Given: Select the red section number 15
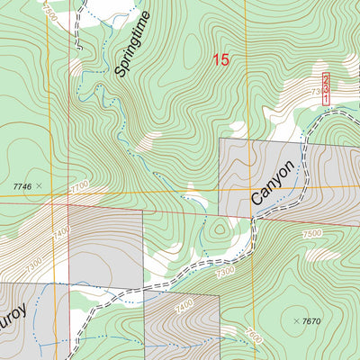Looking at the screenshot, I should (x=220, y=60).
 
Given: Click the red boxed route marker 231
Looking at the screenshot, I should (x=325, y=88).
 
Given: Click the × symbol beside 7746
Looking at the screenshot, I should (x=40, y=185).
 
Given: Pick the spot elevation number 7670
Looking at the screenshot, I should (x=311, y=321).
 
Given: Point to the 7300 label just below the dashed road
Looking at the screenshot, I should (x=226, y=270).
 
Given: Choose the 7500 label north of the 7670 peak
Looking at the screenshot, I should (x=311, y=234).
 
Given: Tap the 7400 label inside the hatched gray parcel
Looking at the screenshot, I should (x=184, y=307).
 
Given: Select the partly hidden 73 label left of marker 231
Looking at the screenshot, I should (x=316, y=93).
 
